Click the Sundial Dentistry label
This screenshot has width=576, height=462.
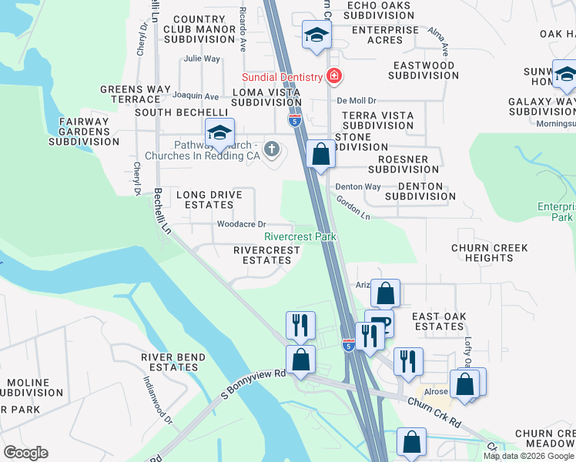281,77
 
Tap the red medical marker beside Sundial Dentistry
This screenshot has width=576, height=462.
334,75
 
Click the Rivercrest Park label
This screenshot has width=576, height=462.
300,237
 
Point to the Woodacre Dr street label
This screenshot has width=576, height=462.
241,224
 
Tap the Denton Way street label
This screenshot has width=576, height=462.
358,186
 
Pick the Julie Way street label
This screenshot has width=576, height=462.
202,59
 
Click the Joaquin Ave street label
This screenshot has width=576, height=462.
196,96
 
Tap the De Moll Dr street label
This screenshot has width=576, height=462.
356,101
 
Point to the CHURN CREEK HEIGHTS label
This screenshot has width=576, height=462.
490,253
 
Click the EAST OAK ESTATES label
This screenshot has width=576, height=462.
437,321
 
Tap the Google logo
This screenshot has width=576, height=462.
25,453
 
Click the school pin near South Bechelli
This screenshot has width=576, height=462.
219,132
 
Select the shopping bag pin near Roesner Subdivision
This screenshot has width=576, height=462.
320,154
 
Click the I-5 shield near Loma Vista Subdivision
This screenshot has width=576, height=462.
294,120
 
